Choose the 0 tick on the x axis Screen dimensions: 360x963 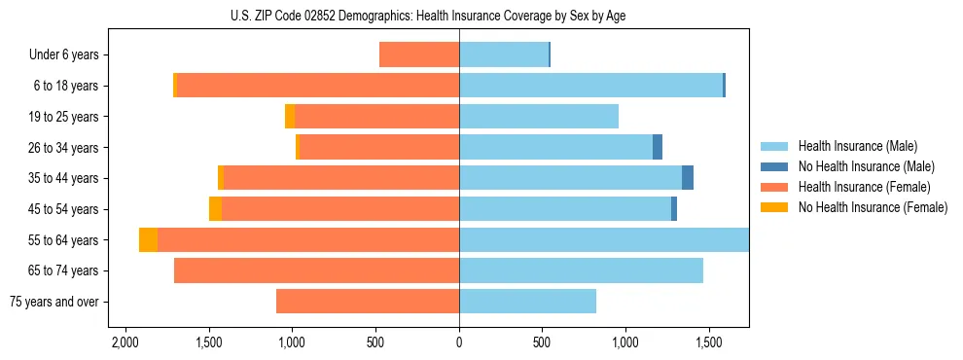[x=459, y=343]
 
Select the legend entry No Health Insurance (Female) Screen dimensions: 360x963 [x=873, y=207]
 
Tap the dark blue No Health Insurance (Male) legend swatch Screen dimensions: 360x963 [x=775, y=166]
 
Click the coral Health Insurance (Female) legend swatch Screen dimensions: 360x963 [x=775, y=187]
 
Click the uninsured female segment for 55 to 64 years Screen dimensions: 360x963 [x=148, y=240]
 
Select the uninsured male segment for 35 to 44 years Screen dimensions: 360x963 [x=688, y=178]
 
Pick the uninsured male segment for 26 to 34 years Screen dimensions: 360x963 [x=658, y=148]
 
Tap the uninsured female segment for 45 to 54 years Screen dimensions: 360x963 [x=215, y=209]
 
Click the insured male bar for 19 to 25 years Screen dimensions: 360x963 [x=539, y=117]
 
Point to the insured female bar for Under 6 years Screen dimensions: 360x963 [x=419, y=55]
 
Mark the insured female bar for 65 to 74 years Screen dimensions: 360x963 [x=316, y=270]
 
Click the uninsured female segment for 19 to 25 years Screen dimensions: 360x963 [x=290, y=117]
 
